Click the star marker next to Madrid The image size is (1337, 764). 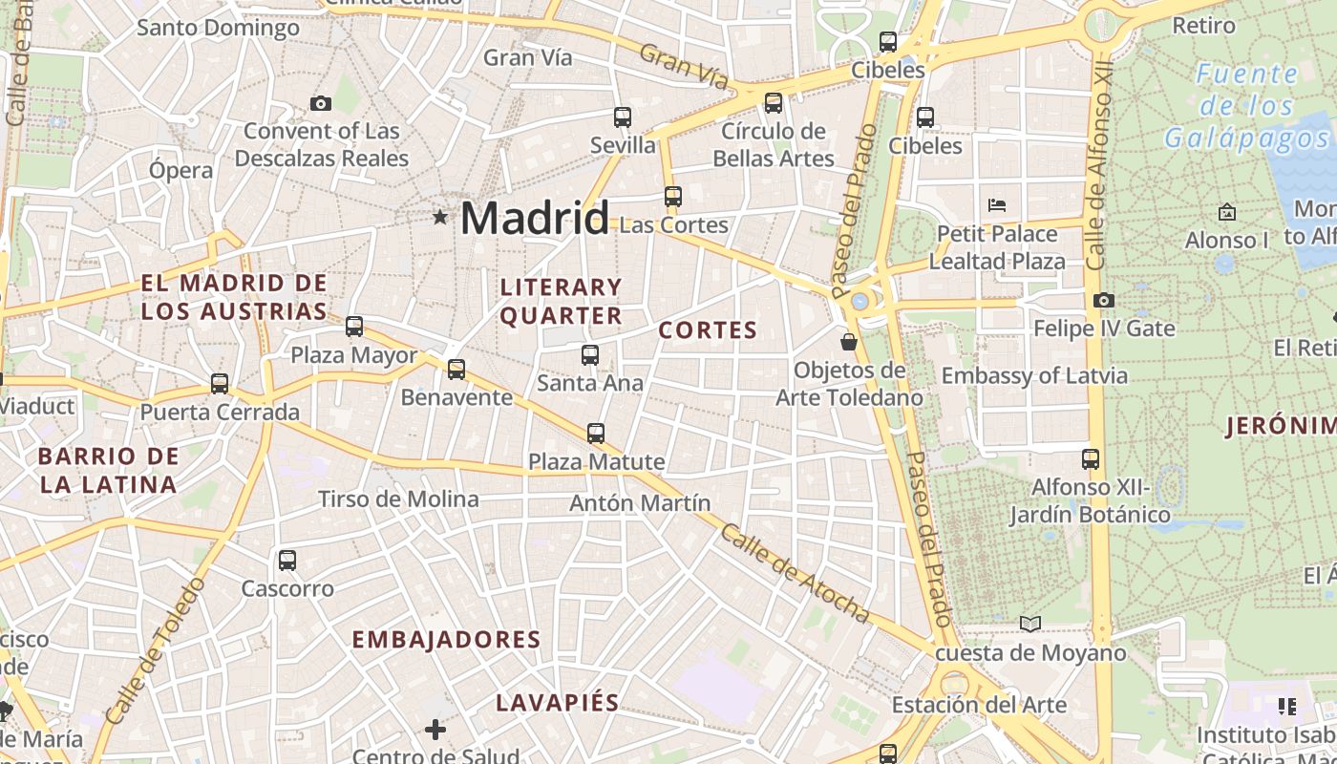pos(440,218)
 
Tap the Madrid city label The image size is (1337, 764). pos(534,219)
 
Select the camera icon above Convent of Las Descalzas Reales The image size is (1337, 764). pos(321,103)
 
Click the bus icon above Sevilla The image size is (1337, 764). pos(623,117)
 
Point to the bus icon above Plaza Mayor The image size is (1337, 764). pos(354,327)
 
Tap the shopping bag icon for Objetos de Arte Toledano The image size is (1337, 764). pos(848,341)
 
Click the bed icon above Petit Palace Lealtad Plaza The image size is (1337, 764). pos(997,204)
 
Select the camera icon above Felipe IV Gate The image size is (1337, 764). pos(1104,300)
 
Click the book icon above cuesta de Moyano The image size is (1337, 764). pos(1030,625)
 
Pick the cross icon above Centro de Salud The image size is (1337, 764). pos(435,731)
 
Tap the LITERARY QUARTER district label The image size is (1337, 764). pos(561,301)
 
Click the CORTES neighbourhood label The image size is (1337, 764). pos(708,330)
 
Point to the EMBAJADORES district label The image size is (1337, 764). pos(446,640)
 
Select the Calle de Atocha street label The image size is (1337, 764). pos(795,573)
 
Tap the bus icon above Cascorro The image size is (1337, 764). pos(287,561)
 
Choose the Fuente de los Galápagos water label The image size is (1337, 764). pos(1246,106)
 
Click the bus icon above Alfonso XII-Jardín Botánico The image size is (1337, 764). pos(1091,459)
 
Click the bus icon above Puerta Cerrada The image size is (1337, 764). pos(220,384)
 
